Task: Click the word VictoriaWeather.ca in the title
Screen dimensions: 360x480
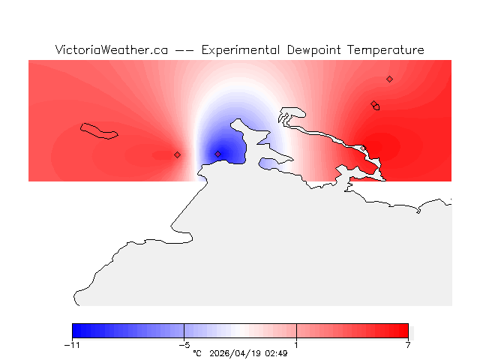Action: (111, 50)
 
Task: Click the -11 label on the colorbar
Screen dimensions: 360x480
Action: (72, 345)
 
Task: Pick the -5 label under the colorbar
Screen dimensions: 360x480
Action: (184, 345)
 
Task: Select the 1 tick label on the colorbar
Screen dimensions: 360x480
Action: (296, 345)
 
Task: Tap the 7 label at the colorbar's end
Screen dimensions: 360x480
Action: (408, 345)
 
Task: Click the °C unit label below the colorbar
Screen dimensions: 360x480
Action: (197, 353)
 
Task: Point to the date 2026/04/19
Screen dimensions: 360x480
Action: (238, 353)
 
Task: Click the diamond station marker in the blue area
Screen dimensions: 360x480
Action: (217, 154)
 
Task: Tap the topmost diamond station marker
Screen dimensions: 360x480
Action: (389, 79)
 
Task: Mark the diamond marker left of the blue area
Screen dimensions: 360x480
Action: (177, 154)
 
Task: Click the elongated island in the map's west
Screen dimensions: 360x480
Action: (100, 131)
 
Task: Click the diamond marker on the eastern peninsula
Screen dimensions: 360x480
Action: (373, 104)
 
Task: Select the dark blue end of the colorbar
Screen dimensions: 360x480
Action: (78, 331)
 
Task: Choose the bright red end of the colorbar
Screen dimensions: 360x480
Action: (403, 331)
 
